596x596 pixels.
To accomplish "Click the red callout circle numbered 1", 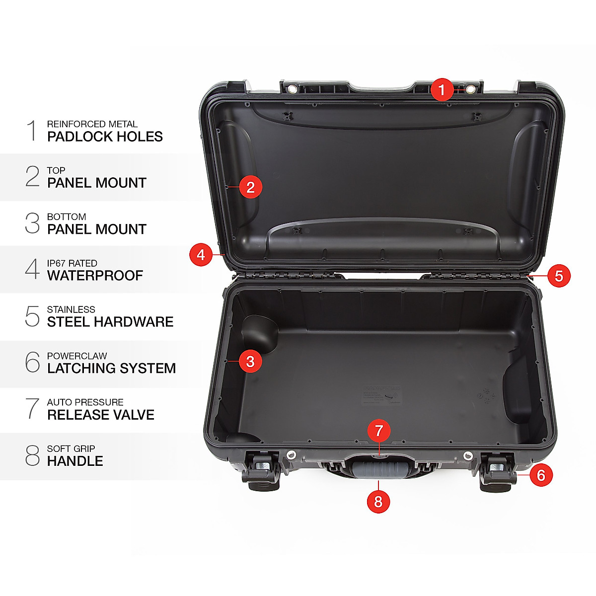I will pos(442,90).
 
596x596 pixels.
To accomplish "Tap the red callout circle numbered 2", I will pos(250,187).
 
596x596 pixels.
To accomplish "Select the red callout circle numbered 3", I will pos(250,362).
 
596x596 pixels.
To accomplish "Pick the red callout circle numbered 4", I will pos(201,255).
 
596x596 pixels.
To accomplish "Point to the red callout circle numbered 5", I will pos(559,276).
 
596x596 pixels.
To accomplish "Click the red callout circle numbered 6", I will pos(541,475).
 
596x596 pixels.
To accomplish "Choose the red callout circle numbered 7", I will pos(379,431).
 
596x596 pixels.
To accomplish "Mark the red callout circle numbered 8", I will pos(378,502).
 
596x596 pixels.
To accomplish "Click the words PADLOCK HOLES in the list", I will pos(105,137).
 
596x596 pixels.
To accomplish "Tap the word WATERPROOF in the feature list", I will pos(95,276).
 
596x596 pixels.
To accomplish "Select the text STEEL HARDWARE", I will pos(110,322).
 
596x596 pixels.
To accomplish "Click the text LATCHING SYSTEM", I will pos(111,369).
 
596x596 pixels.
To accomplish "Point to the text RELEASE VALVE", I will pos(100,415).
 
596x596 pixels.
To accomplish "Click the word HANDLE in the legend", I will pos(75,461).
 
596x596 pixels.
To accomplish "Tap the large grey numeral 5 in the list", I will pos(32,316).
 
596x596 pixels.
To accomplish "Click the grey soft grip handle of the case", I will pos(379,469).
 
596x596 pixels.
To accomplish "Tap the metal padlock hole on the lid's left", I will pos(293,89).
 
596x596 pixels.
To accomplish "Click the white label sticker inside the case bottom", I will pos(381,394).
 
